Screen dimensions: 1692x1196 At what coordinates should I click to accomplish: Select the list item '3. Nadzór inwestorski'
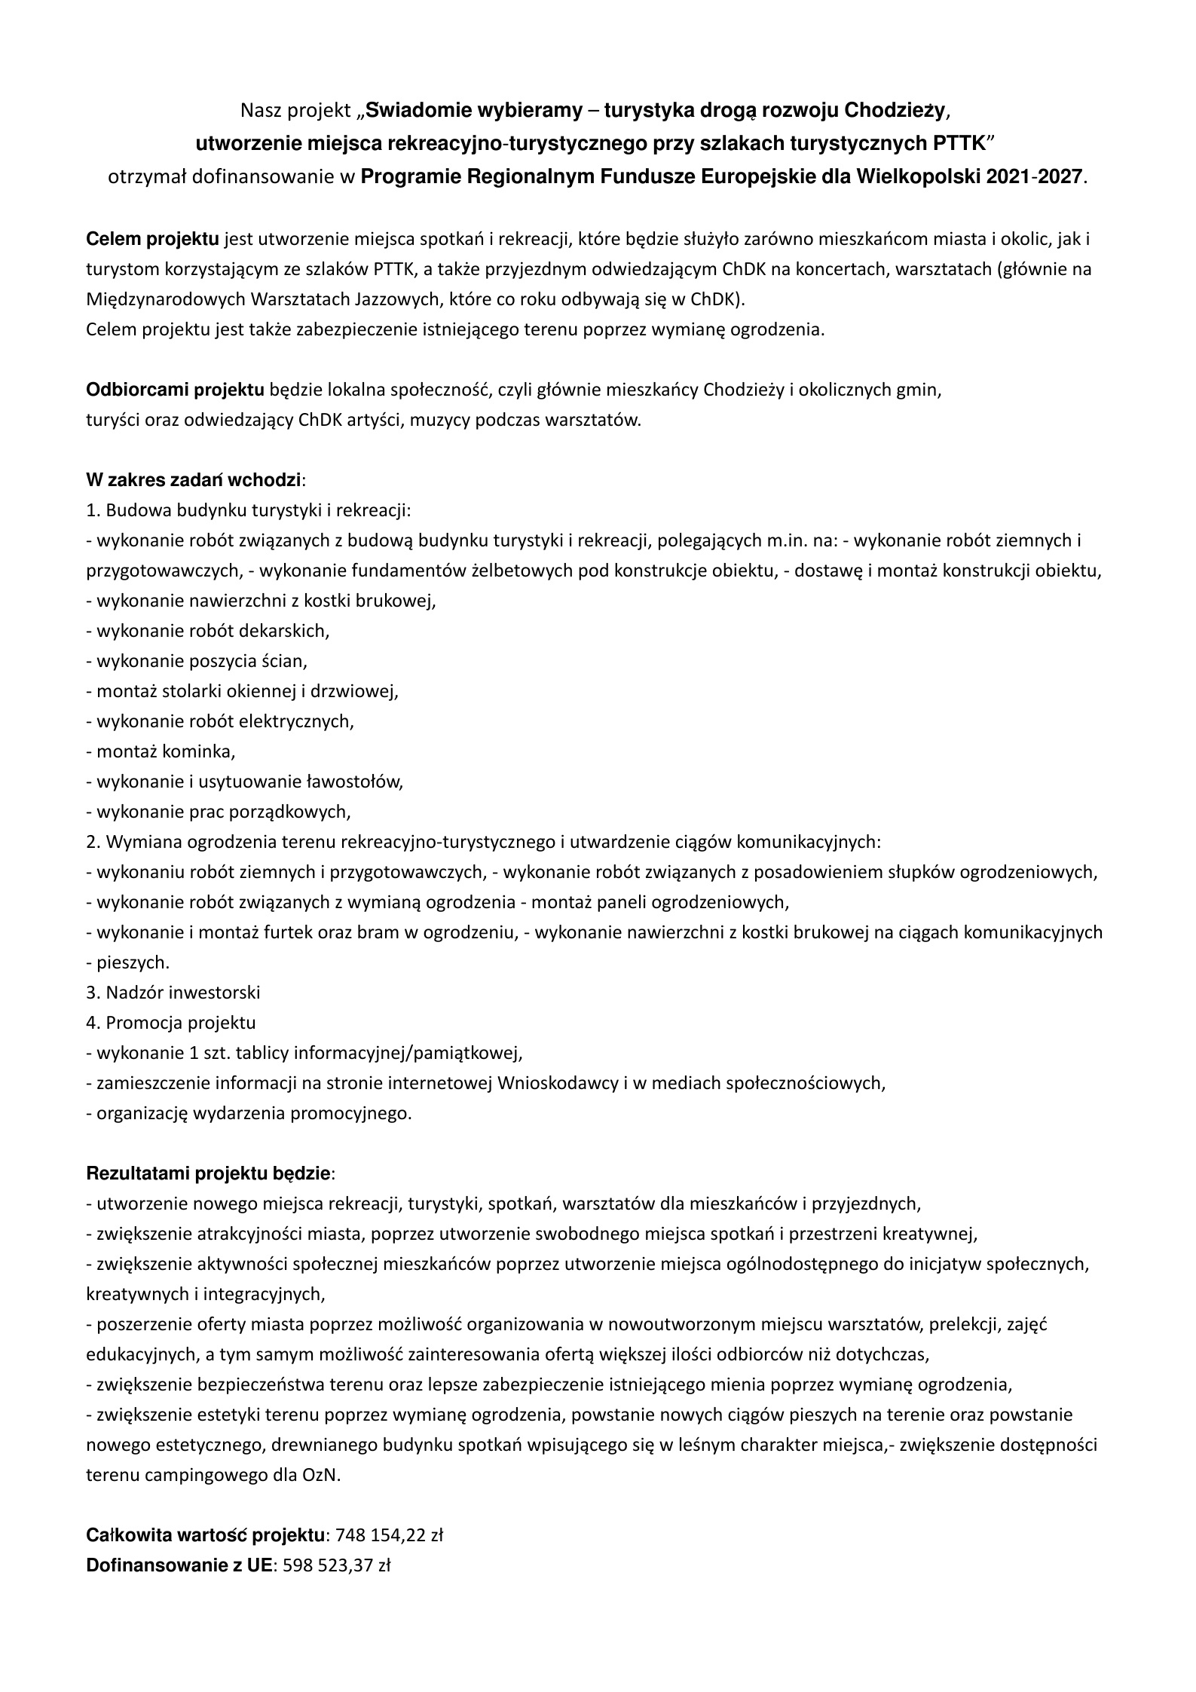tap(173, 993)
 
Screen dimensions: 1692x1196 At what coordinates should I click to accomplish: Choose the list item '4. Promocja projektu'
tap(171, 1023)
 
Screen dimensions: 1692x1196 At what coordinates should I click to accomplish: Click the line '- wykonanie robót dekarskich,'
tap(208, 631)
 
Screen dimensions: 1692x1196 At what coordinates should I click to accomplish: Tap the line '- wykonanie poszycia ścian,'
tap(197, 661)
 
